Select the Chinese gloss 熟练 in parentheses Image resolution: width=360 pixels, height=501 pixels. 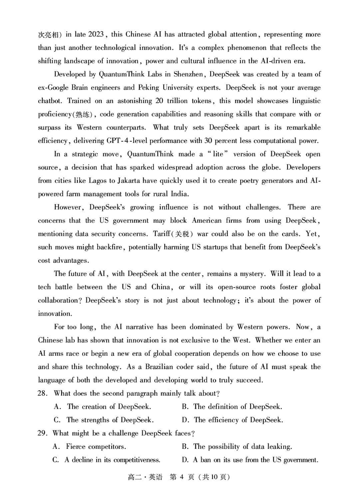pos(81,114)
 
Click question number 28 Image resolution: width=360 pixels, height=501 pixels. pos(43,394)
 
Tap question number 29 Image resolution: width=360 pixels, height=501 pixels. pos(43,434)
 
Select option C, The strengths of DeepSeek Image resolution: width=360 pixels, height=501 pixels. pos(104,420)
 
